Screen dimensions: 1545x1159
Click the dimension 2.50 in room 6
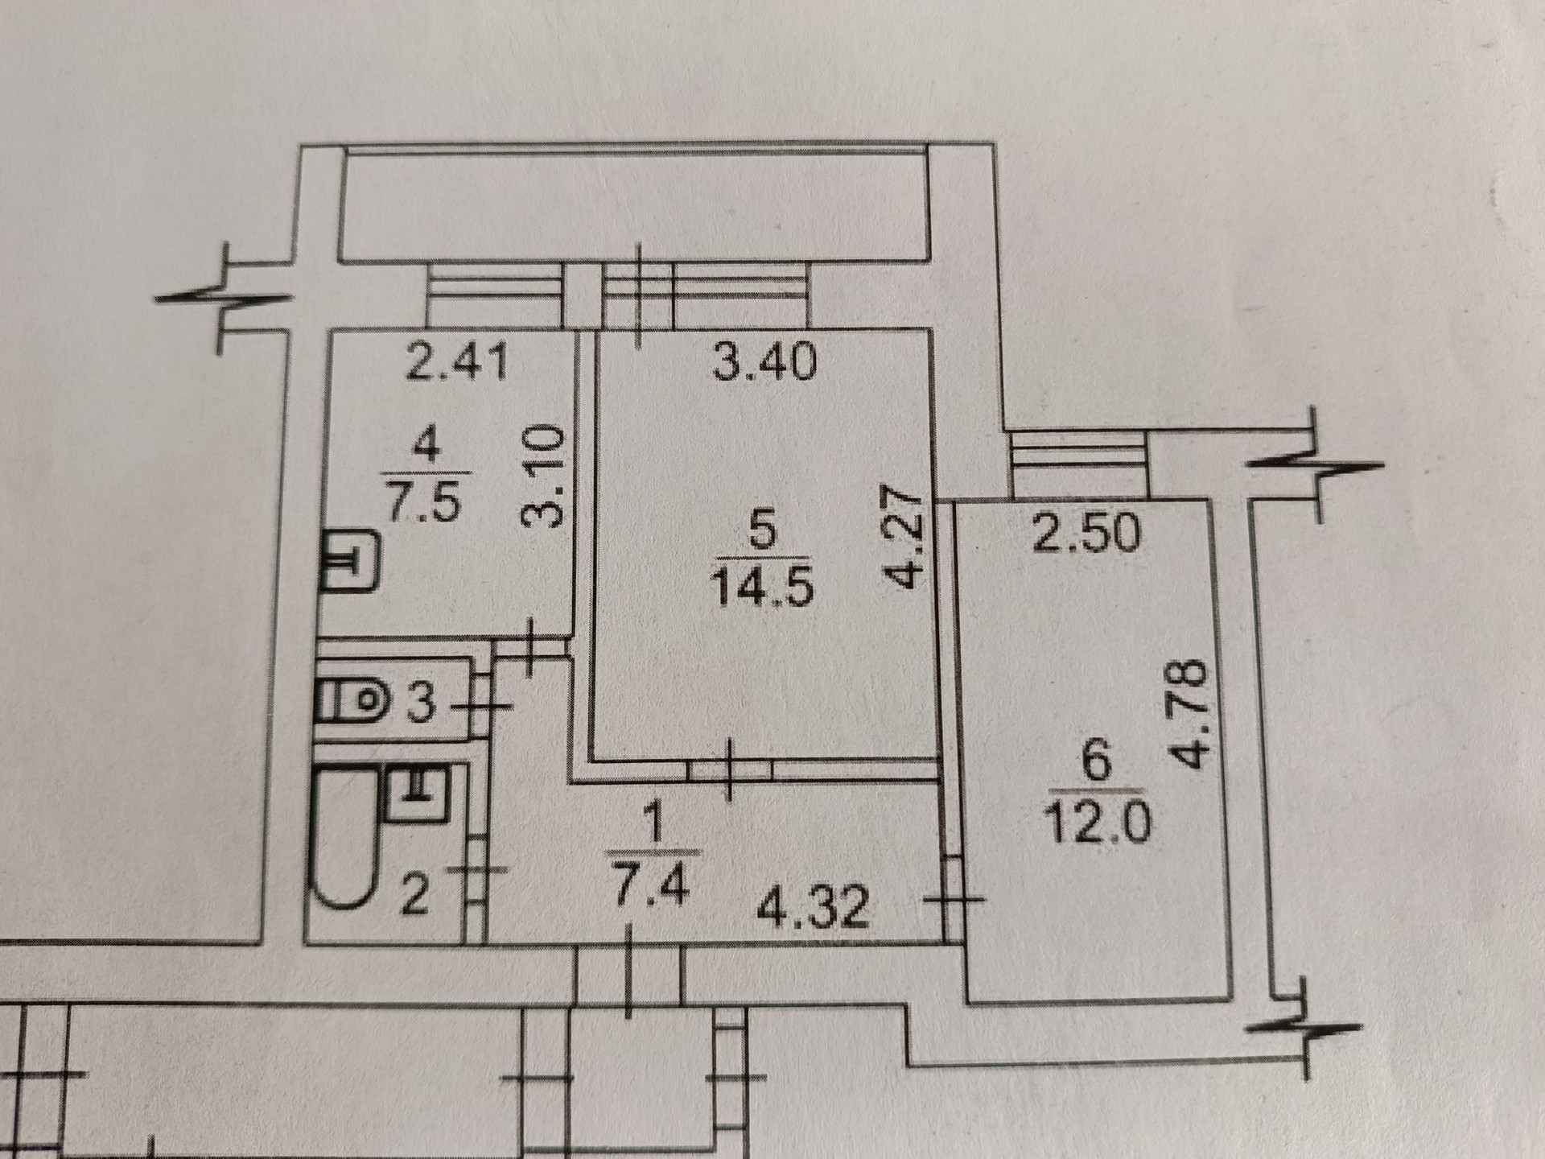(x=1087, y=532)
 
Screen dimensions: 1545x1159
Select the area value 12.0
(x=1099, y=822)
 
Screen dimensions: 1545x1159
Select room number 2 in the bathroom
(x=413, y=898)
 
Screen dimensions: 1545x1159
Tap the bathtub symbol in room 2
(x=344, y=844)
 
